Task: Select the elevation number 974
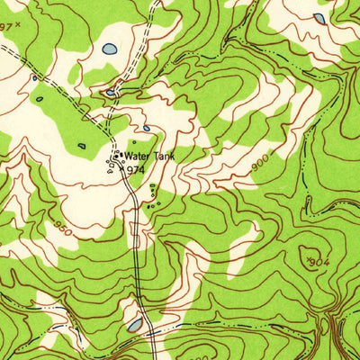135,168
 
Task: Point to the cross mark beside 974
122,168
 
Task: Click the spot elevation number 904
314,262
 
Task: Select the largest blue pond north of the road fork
109,49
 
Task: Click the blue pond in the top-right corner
319,17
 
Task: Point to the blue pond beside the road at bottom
135,324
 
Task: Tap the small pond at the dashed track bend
111,91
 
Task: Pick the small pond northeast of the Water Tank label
146,128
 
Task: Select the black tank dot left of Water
118,155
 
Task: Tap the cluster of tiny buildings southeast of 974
153,198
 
